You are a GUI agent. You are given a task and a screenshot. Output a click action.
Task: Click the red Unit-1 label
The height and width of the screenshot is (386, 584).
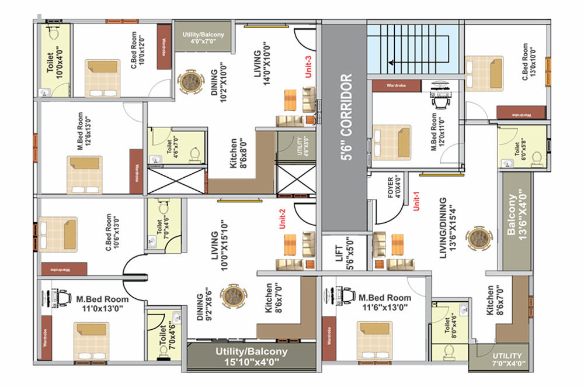(416, 202)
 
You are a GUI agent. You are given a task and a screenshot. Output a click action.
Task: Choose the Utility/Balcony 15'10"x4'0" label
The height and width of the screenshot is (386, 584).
(251, 356)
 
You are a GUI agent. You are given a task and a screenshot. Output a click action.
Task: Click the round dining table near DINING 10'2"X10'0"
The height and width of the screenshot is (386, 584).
(190, 82)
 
